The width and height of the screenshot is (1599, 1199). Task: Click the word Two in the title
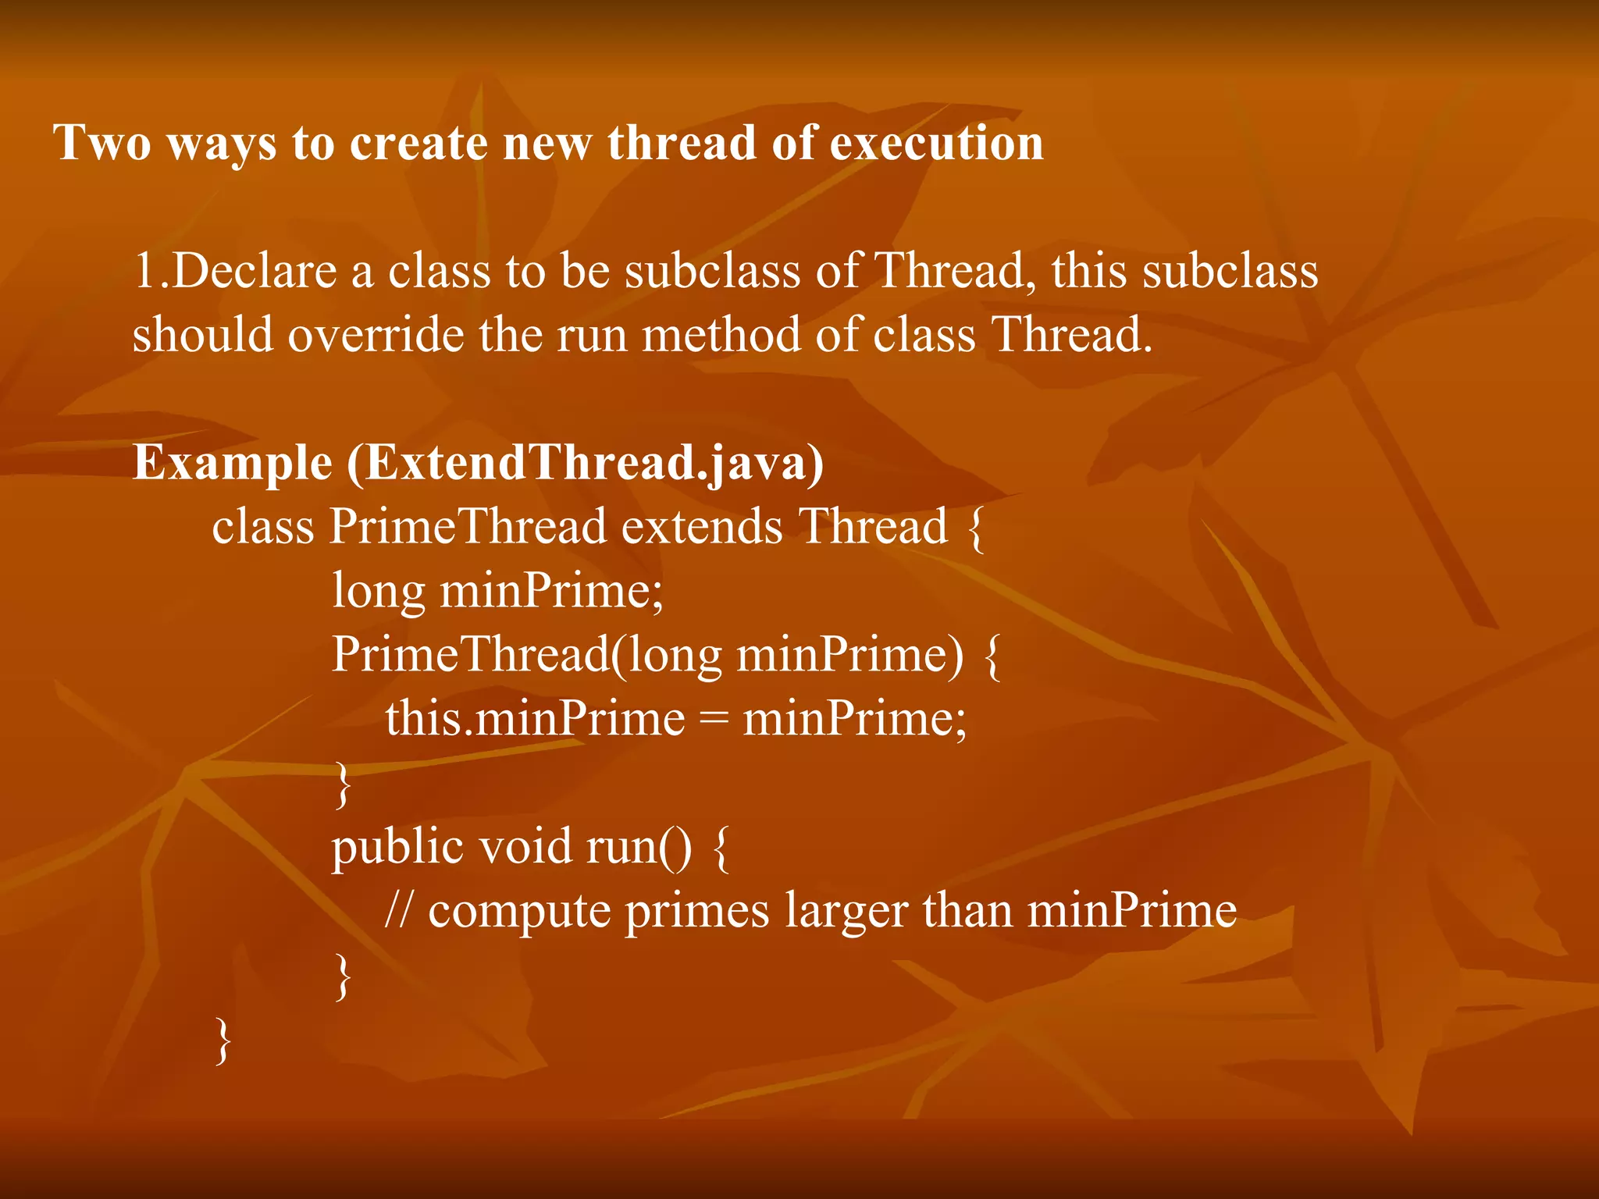click(101, 143)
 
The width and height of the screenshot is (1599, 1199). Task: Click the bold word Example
click(233, 463)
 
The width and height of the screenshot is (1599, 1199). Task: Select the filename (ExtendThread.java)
click(585, 463)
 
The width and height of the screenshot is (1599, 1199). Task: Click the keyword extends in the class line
click(702, 526)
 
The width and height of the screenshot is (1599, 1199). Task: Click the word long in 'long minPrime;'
click(379, 592)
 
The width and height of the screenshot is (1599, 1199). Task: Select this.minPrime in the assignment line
click(535, 718)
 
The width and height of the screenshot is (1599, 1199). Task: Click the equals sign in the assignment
click(713, 720)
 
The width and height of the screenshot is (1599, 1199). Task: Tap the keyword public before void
click(397, 848)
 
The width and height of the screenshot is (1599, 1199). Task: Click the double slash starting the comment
click(398, 910)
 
